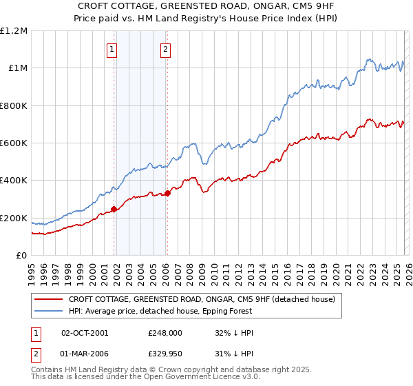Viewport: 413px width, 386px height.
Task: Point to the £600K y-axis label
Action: [14, 143]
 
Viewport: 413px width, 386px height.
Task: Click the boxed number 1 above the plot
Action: [112, 49]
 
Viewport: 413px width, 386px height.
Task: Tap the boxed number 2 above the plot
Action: [167, 49]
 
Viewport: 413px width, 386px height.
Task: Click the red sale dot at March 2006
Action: [167, 194]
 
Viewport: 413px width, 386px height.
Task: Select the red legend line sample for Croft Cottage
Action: [49, 299]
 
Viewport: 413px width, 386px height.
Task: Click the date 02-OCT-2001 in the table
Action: [85, 333]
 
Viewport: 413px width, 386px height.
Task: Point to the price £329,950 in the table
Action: [165, 354]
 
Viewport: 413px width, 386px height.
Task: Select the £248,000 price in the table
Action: [165, 333]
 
